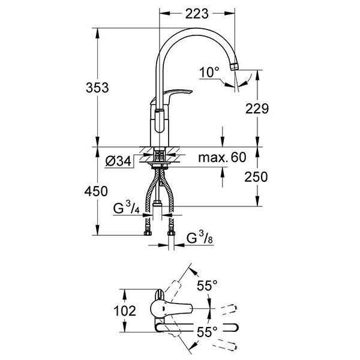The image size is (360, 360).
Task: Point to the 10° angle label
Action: tap(209, 73)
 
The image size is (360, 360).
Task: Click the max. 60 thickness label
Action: tap(222, 158)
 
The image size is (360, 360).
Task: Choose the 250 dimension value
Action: tap(256, 177)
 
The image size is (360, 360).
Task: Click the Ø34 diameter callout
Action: tap(117, 161)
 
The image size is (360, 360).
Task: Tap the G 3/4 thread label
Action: tap(126, 209)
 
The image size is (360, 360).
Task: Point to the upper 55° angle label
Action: tap(208, 287)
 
